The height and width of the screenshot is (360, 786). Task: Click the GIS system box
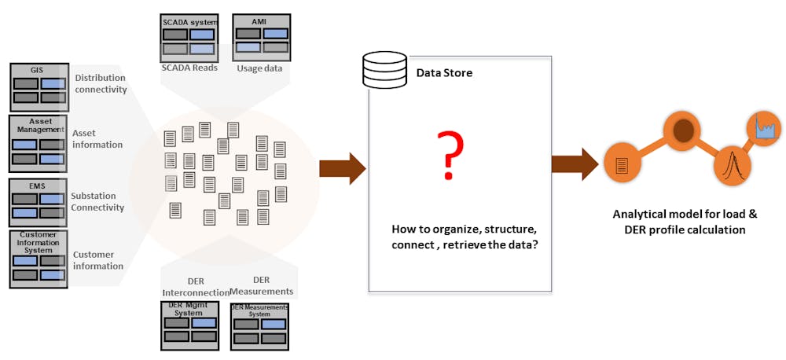click(38, 87)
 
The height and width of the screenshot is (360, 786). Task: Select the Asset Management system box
click(38, 143)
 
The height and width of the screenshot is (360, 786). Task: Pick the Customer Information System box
click(38, 258)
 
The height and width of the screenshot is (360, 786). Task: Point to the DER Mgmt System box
click(189, 325)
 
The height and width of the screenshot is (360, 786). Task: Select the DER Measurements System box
click(260, 325)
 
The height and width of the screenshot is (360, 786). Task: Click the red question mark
click(449, 156)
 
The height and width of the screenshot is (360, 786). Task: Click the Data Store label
click(444, 73)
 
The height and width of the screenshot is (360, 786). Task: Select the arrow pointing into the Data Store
click(343, 167)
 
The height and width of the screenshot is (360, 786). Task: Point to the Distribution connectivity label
click(101, 83)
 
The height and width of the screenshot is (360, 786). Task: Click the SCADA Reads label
click(189, 68)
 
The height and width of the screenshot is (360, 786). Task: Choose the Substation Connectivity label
click(97, 201)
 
